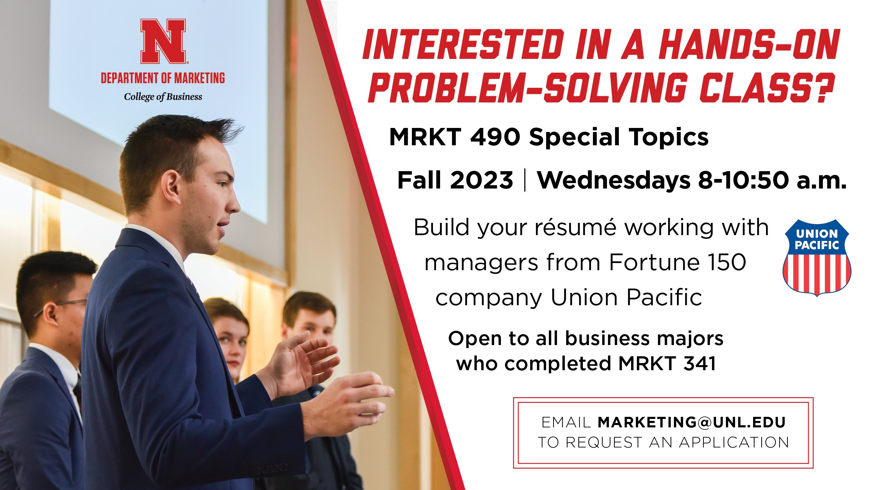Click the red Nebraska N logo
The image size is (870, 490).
point(163,41)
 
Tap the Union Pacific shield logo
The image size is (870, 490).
point(817,258)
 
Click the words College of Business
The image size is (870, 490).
point(163,97)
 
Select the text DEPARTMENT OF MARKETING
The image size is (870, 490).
point(163,78)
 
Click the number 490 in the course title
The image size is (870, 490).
point(495,137)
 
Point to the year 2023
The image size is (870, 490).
point(482,180)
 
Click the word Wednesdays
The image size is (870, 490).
point(613,180)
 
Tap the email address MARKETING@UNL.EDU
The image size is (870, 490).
point(692,422)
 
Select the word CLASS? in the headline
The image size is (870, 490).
point(767,87)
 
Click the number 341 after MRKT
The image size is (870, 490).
point(699,363)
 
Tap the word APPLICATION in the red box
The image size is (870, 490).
point(734,442)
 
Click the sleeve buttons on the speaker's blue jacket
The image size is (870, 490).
point(270,469)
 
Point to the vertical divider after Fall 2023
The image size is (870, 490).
point(525,180)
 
